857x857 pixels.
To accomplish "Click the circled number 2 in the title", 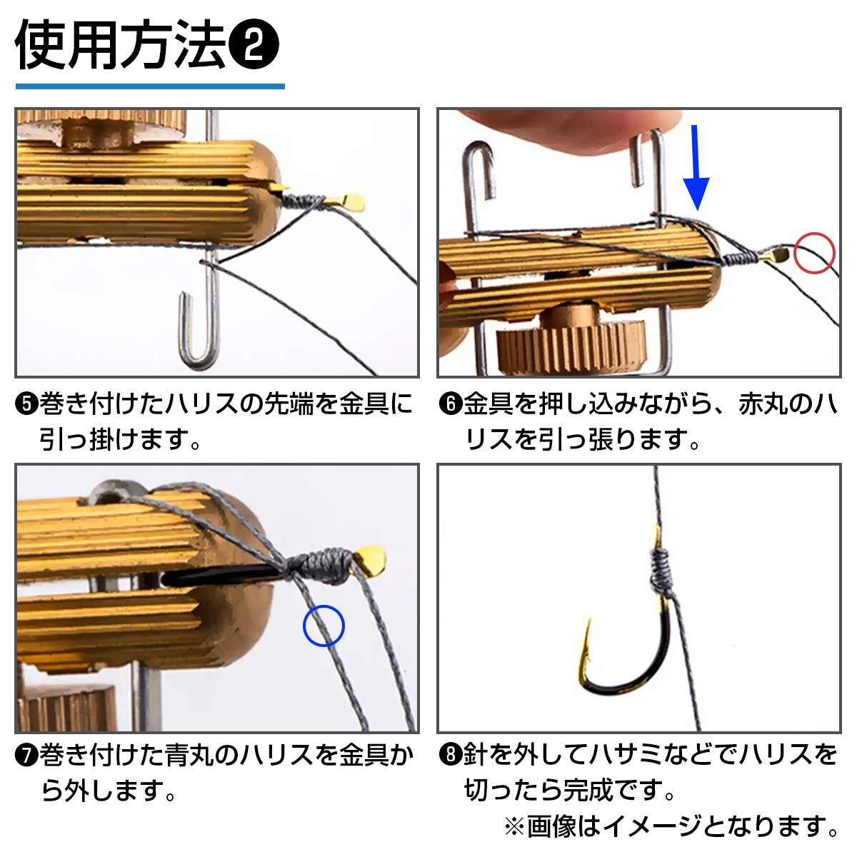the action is click(x=254, y=45).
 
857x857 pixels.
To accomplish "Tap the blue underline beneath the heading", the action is click(x=150, y=86).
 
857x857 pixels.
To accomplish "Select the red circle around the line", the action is click(x=815, y=253).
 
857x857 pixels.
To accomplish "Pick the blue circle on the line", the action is click(x=324, y=626).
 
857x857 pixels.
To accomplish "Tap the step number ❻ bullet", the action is click(x=451, y=404).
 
